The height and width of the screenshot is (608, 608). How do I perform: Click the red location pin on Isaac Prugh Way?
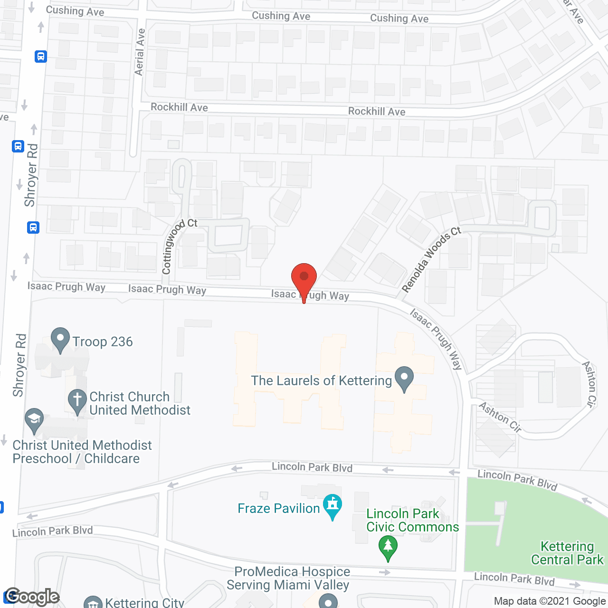(x=304, y=278)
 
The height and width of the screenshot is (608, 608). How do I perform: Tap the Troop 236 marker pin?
(x=60, y=339)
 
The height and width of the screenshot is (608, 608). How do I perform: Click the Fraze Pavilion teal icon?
(x=332, y=506)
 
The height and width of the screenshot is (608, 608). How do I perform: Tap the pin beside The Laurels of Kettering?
(x=404, y=378)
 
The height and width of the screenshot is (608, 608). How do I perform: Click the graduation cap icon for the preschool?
(x=34, y=420)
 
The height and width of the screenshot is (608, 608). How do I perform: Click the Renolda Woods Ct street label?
(x=431, y=258)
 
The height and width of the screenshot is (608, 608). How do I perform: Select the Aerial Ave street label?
(x=140, y=52)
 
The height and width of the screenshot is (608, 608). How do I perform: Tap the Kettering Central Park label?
(x=567, y=553)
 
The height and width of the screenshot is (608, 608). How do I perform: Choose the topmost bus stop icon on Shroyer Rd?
(x=41, y=57)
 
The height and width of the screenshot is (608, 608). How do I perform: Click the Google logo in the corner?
(x=32, y=597)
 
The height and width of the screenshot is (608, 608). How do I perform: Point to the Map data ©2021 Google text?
(x=550, y=601)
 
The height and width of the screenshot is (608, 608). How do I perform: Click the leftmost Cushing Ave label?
(x=75, y=11)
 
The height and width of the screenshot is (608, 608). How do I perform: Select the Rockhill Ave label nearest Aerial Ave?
(x=179, y=107)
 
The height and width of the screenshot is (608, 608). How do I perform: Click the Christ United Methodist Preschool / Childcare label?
(x=82, y=452)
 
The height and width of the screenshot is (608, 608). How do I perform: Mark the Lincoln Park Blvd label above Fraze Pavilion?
(x=312, y=467)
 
